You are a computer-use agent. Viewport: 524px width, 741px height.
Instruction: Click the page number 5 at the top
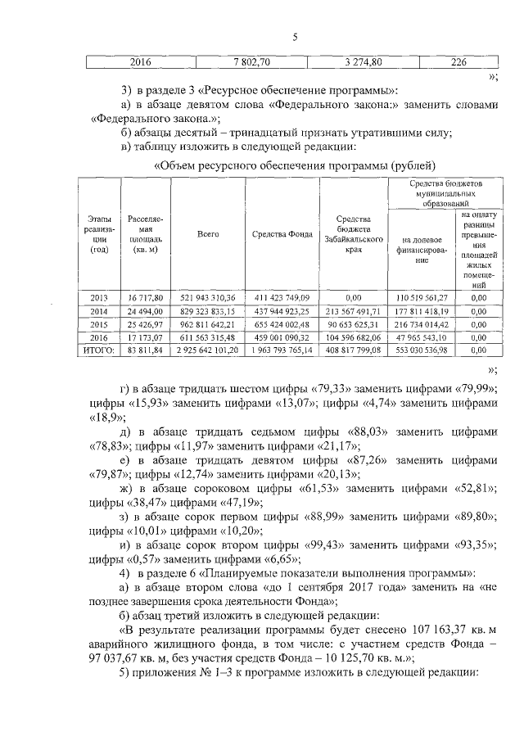coord(295,36)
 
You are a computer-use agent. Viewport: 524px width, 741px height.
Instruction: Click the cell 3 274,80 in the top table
coord(358,61)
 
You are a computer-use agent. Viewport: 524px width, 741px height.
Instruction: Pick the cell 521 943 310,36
coord(208,297)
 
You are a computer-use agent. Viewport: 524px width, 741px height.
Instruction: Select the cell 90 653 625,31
coord(355,323)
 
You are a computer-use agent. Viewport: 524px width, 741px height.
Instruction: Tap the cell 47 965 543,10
coord(424,337)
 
